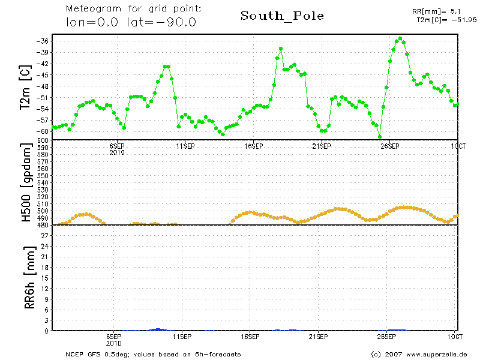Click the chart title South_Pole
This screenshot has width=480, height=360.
point(282,16)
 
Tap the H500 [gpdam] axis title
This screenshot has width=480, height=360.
point(27,183)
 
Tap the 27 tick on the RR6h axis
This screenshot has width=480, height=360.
point(44,236)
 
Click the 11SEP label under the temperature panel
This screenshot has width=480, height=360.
point(185,146)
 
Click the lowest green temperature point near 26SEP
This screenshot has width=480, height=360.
point(380,137)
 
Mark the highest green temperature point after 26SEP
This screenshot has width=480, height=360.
point(400,38)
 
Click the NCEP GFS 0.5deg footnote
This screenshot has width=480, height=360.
point(153,354)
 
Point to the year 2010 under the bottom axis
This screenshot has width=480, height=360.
point(114,344)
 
